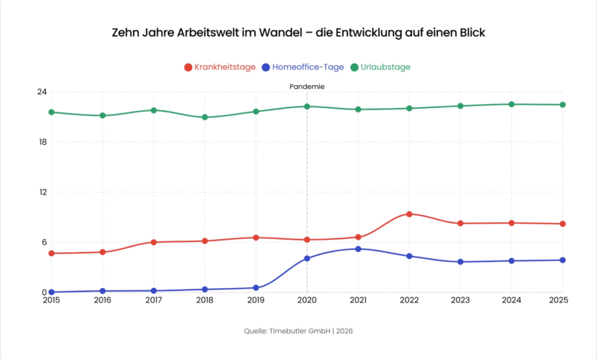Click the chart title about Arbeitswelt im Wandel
point(298,33)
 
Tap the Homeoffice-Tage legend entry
point(303,67)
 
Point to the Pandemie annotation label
point(307,87)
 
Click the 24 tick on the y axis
point(41,92)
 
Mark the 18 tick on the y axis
point(41,142)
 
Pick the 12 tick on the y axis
point(41,192)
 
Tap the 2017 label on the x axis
point(154,299)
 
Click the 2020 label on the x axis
point(307,299)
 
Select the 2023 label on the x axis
point(460,299)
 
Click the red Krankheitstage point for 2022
point(409,214)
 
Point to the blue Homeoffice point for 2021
point(358,249)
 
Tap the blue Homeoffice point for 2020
point(307,258)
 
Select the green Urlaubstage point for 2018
point(205,117)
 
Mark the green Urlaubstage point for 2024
point(511,104)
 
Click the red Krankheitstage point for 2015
point(51,254)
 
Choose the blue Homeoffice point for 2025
point(563,260)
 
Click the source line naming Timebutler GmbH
point(298,332)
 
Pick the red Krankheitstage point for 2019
point(256,237)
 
